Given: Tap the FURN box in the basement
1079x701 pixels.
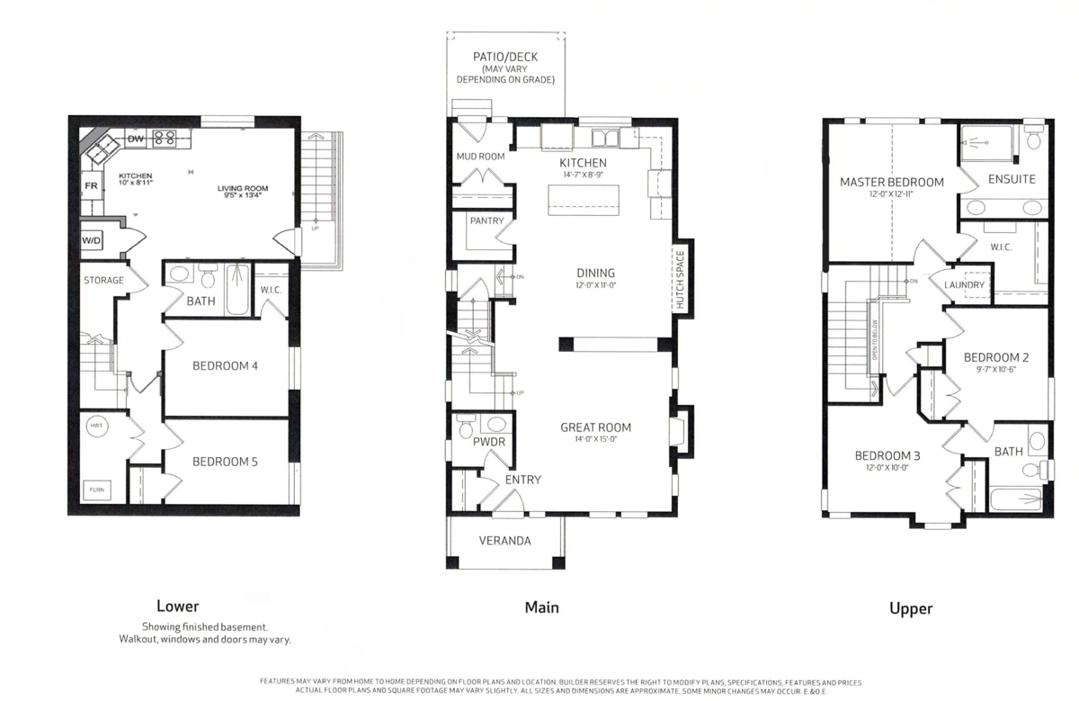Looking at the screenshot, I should (96, 490).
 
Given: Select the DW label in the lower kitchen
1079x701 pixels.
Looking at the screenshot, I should (136, 139).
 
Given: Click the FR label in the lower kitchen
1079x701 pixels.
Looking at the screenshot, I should (91, 186).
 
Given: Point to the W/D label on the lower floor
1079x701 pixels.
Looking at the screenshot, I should (91, 241).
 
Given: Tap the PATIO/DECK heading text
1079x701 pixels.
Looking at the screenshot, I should (505, 57).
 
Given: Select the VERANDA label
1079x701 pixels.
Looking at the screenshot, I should (504, 541).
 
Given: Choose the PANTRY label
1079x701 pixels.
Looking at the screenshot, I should (486, 220).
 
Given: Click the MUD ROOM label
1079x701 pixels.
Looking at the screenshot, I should (480, 157).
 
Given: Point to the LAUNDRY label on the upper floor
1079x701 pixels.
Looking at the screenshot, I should (965, 285).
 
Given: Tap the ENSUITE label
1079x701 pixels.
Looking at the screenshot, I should (1012, 179).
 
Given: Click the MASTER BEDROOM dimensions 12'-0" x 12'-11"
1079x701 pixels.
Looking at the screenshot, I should (891, 194).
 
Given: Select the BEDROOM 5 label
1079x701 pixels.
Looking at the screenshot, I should (225, 462).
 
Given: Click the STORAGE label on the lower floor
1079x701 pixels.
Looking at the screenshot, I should (103, 281).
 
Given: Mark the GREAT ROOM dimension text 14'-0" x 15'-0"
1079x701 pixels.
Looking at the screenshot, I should (595, 440).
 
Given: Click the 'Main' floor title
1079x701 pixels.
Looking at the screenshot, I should (541, 607).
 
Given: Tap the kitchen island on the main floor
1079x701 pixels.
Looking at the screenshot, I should (584, 197).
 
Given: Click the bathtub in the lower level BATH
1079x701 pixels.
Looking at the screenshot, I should (236, 290).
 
